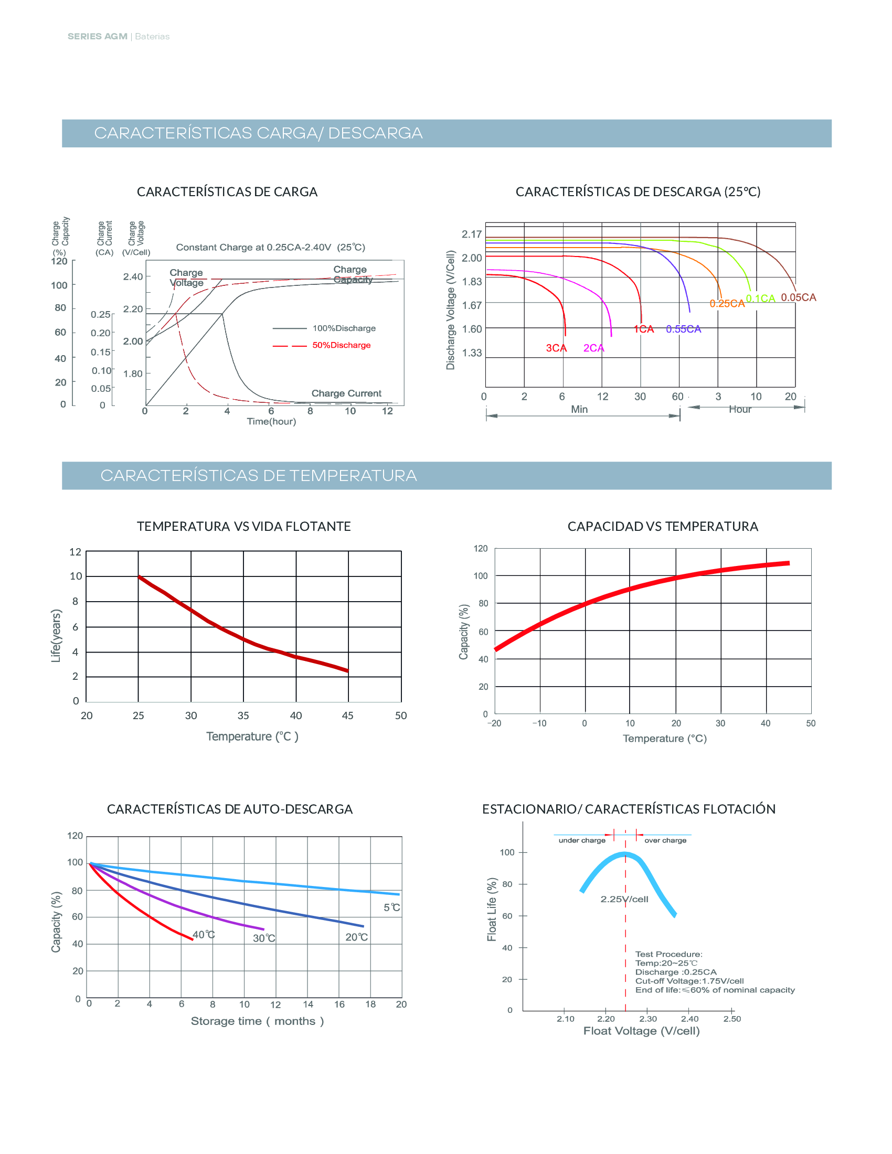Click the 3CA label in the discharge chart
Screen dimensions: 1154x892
pos(556,348)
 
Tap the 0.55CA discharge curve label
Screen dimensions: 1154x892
pos(683,329)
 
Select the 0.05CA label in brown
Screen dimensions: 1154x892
pos(799,297)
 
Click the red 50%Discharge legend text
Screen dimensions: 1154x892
pos(342,345)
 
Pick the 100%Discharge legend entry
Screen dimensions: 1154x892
pos(344,328)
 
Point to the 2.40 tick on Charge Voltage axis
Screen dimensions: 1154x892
pos(133,276)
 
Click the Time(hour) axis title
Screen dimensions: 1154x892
pos(271,421)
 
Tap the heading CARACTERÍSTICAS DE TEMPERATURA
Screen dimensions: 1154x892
pos(258,476)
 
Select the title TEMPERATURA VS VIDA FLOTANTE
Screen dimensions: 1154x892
pos(243,526)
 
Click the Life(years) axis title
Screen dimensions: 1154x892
pos(56,636)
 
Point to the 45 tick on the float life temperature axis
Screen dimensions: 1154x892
pos(348,715)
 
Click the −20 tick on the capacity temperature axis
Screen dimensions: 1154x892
pos(494,723)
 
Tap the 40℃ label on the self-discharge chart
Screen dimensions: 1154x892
pos(204,935)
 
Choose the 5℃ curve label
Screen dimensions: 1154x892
pos(391,907)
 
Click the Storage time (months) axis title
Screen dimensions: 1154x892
pos(257,1021)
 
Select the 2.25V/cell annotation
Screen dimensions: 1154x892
pos(624,899)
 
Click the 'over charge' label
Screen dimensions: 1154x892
pos(665,840)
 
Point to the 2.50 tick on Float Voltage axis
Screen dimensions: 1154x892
pos(732,1019)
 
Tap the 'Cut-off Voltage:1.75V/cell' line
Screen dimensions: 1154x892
pos(689,981)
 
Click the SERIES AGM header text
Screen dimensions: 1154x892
pos(98,37)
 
